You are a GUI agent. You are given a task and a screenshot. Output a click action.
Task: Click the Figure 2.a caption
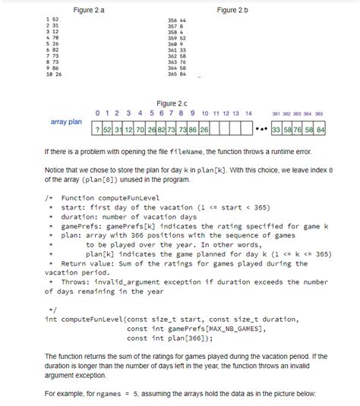coord(88,9)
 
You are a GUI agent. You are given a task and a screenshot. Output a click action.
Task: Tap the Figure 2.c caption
coord(172,102)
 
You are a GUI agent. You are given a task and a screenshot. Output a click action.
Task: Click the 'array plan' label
coord(66,121)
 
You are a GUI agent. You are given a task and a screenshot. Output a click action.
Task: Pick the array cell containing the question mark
coord(97,130)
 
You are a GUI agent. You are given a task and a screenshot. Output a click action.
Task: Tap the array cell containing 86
coord(194,130)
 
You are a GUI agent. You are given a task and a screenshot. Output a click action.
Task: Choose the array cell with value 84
coord(321,130)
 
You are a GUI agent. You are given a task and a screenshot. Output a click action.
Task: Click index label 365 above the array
coord(320,114)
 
